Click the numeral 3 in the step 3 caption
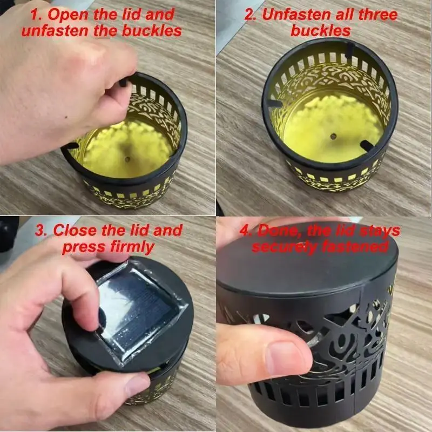40,231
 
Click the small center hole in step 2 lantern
333,136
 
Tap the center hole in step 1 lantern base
127,159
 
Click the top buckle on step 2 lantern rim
349,50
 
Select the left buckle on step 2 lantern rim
275,103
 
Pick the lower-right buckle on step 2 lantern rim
367,145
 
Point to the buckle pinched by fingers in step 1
123,82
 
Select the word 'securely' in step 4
285,247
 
